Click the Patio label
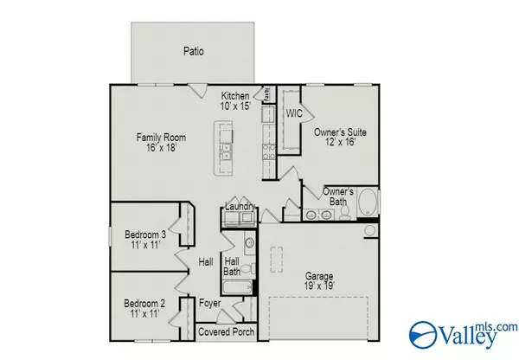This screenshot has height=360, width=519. click(x=194, y=51)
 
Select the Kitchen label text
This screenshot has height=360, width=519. click(x=235, y=96)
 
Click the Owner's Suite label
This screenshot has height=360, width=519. click(x=340, y=132)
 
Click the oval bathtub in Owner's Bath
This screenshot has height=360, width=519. click(x=368, y=203)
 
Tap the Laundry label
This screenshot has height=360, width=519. click(x=240, y=207)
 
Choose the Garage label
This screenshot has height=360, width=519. click(x=320, y=276)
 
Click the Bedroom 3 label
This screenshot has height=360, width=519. click(x=145, y=235)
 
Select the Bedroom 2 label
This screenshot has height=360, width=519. click(x=145, y=304)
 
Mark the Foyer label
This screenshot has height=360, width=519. click(x=210, y=304)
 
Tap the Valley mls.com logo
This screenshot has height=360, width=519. click(x=463, y=332)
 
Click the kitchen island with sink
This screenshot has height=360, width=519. click(x=226, y=144)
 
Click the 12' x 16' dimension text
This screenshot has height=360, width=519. click(x=340, y=143)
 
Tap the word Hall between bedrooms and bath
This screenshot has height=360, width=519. click(x=205, y=261)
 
